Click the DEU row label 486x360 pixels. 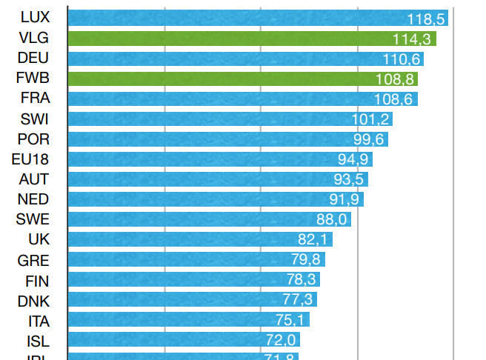[33, 58]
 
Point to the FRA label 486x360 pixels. [35, 98]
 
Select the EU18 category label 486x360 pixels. [30, 159]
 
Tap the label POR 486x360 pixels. [33, 139]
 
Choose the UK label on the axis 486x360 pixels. [39, 239]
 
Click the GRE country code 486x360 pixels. [33, 259]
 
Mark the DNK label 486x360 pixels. [33, 299]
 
